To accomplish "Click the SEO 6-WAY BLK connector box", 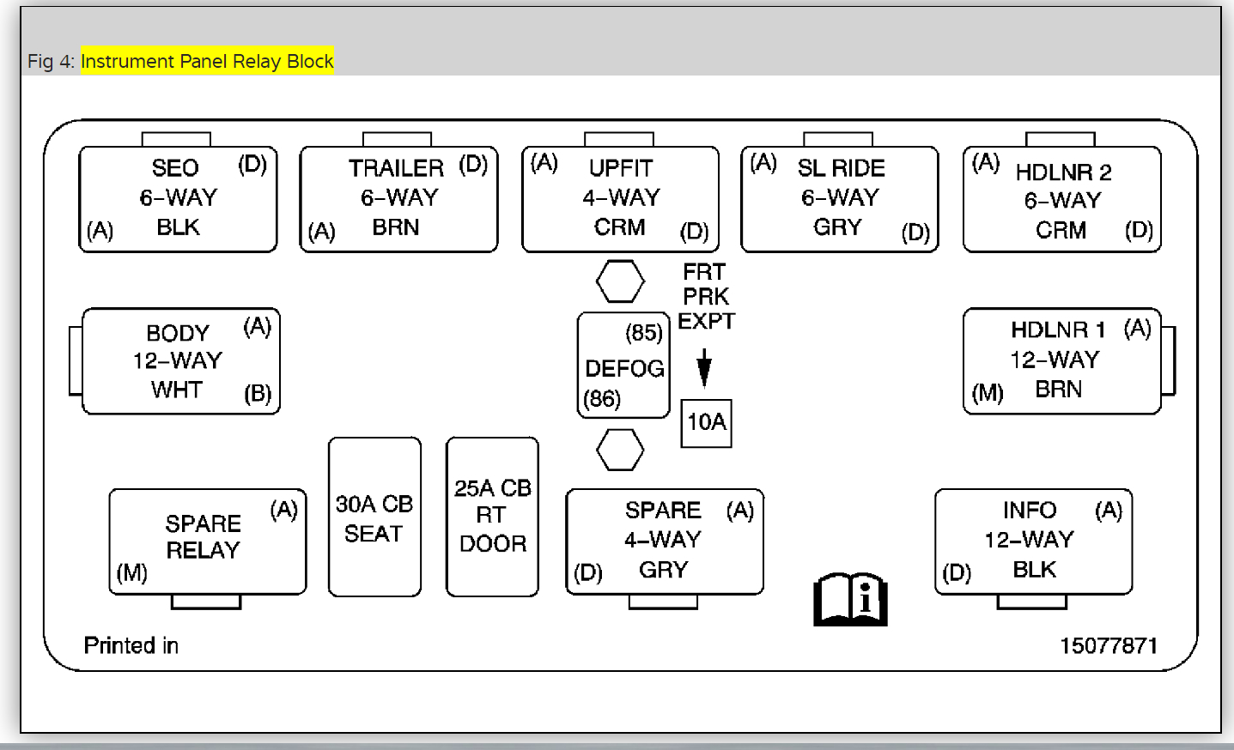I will click(x=178, y=198).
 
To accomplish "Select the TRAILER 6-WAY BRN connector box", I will click(x=398, y=198).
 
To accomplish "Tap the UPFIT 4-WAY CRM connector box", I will click(x=620, y=198).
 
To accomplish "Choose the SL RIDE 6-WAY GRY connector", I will click(x=840, y=198).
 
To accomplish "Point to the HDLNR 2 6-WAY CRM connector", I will click(x=1062, y=199).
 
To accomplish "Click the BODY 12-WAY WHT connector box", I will click(x=180, y=361).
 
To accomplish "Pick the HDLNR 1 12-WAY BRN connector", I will click(x=1062, y=360).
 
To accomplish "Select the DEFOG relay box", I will click(x=623, y=366).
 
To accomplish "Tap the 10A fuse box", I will click(x=706, y=422).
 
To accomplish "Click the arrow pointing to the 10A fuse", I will click(x=704, y=367).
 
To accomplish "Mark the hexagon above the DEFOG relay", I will click(x=620, y=281).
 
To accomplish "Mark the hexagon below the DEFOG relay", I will click(x=620, y=450).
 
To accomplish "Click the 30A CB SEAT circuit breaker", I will click(x=374, y=517).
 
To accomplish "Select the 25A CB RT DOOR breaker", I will click(x=492, y=517).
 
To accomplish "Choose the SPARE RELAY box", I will click(x=207, y=541).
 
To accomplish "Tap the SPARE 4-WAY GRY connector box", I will click(x=664, y=541).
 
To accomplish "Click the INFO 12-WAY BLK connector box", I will click(x=1033, y=541).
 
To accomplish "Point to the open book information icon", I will click(x=850, y=599).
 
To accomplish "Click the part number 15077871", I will click(x=1109, y=645).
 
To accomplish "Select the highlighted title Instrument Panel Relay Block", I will click(x=207, y=61).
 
